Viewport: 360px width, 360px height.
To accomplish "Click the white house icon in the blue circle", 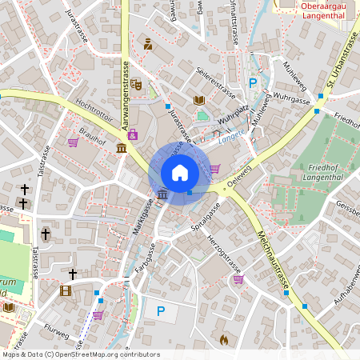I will tap(180, 172).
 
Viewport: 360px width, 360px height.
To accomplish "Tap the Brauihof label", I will tap(93, 138).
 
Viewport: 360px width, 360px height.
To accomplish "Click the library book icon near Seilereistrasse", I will tap(199, 100).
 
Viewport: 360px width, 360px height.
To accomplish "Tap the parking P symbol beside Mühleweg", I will tap(254, 82).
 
